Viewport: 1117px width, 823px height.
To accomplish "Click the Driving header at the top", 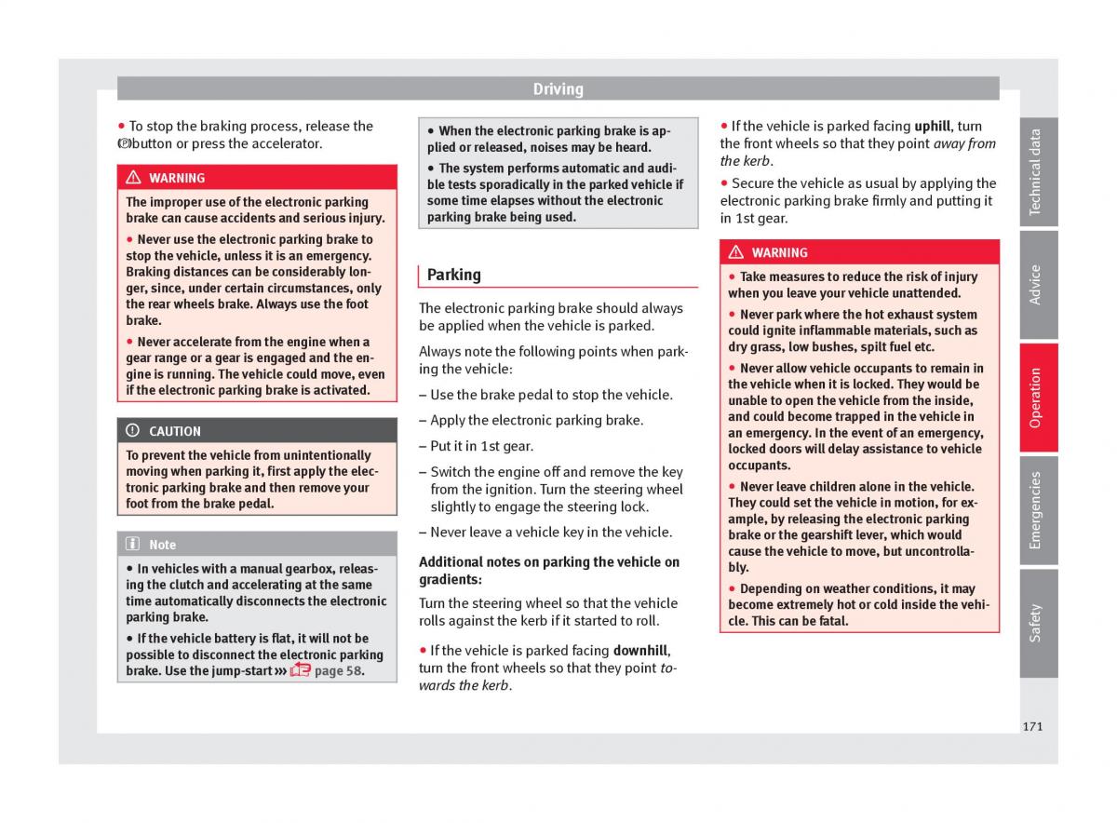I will (x=558, y=89).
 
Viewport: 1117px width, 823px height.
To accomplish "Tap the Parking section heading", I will (x=454, y=275).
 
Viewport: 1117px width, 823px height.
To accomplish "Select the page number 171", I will (x=1031, y=726).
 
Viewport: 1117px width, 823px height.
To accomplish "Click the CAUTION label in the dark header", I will (x=175, y=431).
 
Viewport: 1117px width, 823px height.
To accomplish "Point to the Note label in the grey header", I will (x=162, y=545).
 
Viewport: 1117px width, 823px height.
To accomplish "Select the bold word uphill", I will (x=933, y=127).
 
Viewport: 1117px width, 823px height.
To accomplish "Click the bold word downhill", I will (x=640, y=651).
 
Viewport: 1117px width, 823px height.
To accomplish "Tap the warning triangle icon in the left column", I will (x=133, y=178).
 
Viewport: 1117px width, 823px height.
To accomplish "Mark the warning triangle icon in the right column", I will (x=736, y=252).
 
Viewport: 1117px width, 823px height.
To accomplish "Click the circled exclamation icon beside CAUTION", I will (x=132, y=431).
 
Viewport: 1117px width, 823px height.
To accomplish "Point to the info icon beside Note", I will (x=132, y=545).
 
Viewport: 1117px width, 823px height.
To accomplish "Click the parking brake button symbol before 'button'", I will (x=125, y=144).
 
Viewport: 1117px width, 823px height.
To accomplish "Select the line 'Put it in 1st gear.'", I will (x=481, y=446).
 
